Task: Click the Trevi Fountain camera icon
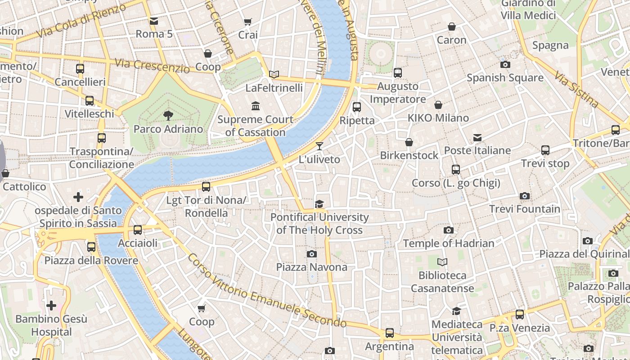524,196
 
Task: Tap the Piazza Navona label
311,267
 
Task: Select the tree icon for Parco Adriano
168,116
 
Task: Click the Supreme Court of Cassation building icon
256,106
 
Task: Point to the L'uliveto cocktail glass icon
319,146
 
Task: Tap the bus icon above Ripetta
357,107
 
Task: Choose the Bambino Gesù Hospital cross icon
51,306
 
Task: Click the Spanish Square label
505,78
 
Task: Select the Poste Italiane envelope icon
477,138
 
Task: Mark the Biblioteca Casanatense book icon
442,262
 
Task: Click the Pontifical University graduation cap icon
319,204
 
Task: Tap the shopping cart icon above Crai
247,22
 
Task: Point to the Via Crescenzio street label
152,66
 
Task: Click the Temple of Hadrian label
448,243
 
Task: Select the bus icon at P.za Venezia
520,315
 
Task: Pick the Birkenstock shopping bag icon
409,142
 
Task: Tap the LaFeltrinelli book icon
274,74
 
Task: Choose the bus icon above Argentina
390,333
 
